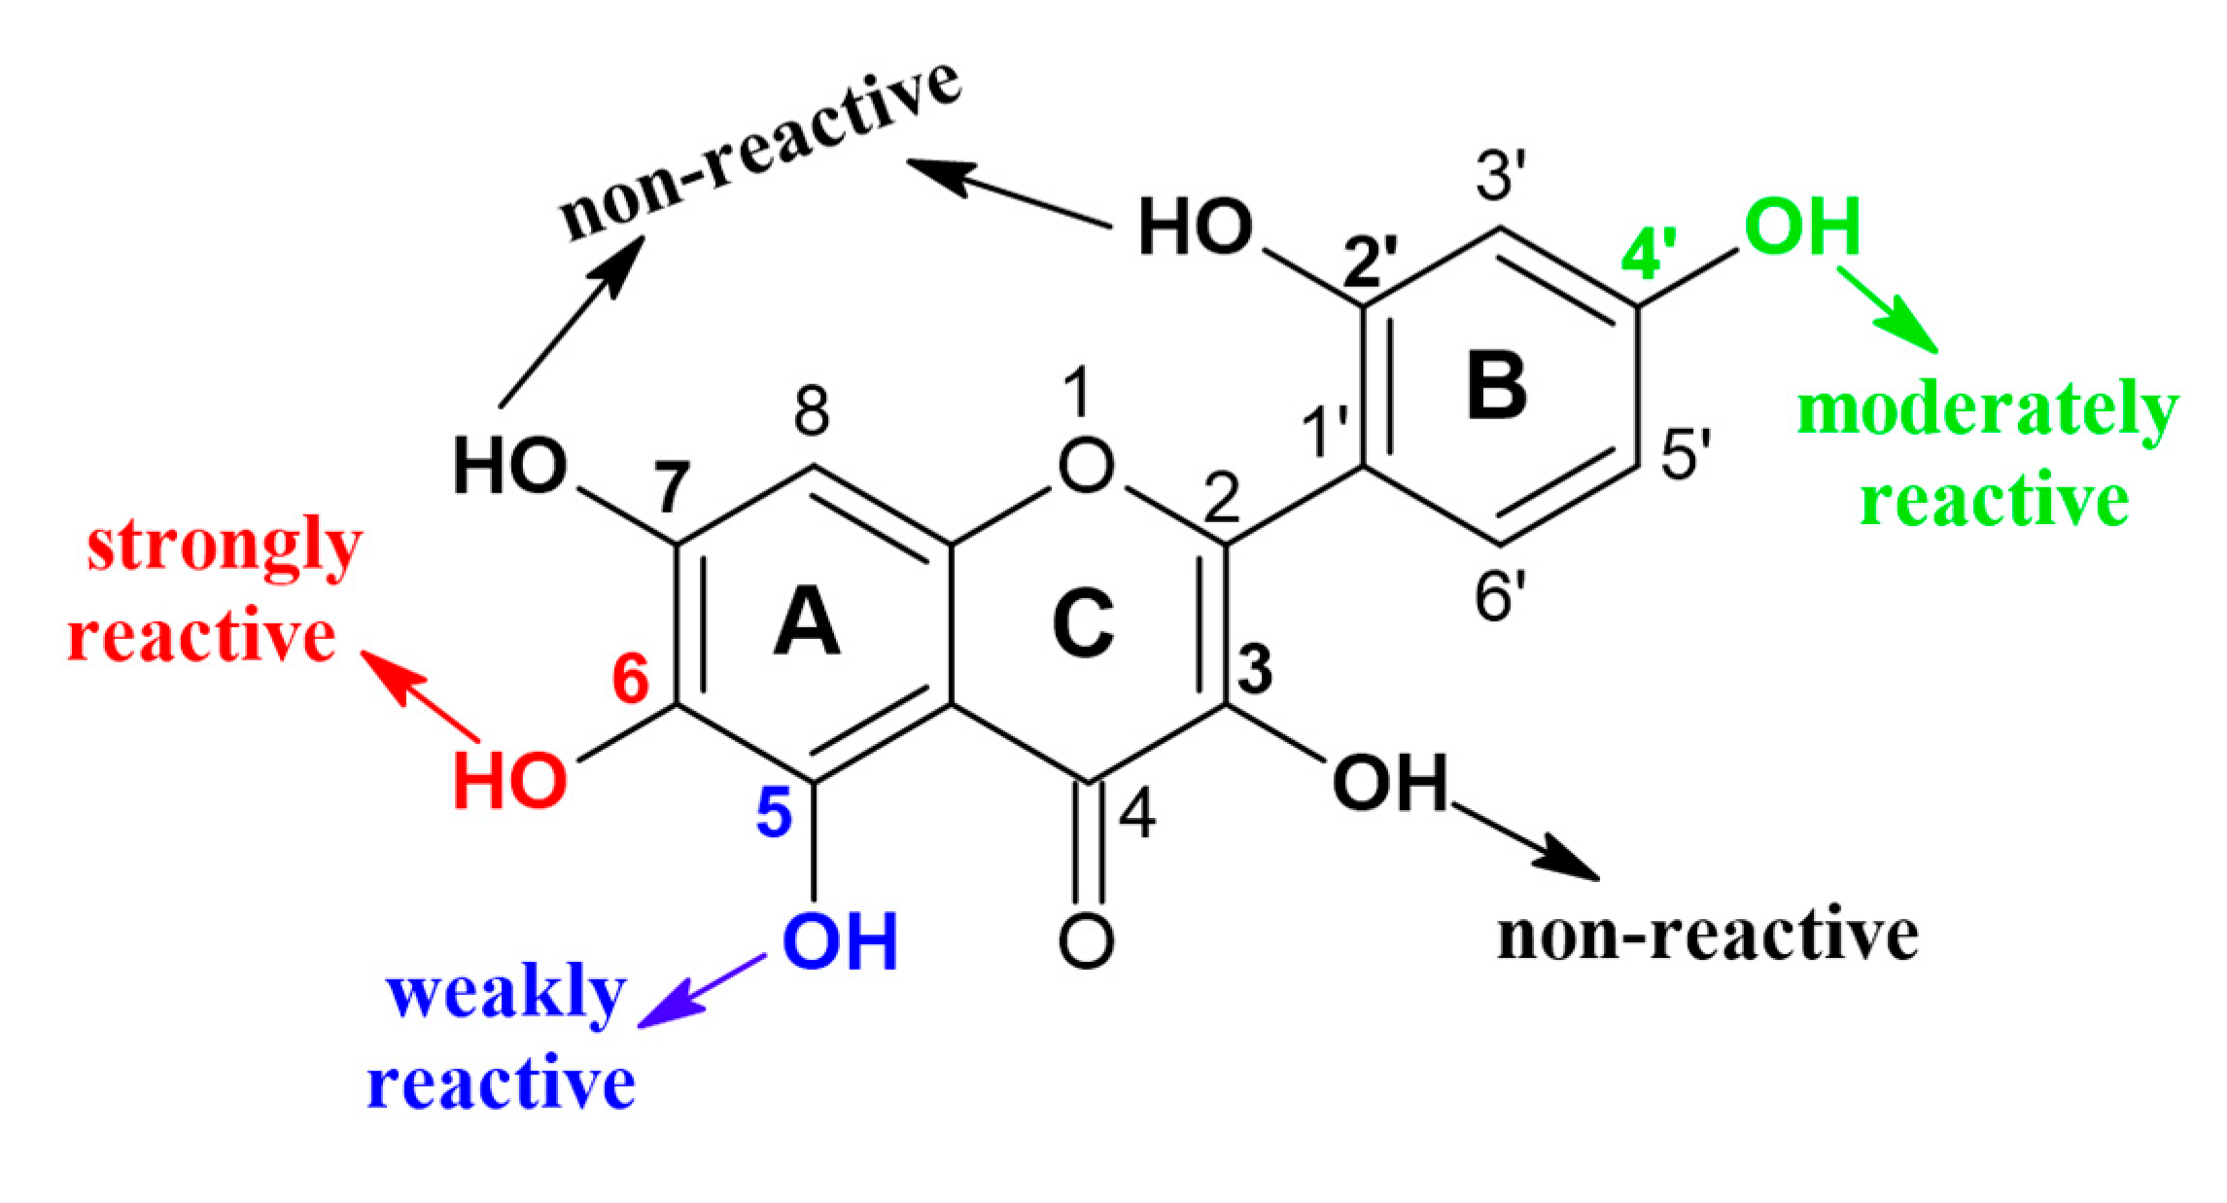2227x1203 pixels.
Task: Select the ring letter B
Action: [x=1497, y=387]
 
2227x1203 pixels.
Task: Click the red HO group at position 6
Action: [x=509, y=781]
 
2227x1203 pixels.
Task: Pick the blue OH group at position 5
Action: [x=840, y=941]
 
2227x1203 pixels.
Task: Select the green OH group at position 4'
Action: [x=1802, y=227]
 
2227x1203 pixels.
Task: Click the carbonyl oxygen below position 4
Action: [x=1086, y=940]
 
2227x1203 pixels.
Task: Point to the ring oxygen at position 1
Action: [x=1086, y=466]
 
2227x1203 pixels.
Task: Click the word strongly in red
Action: [x=225, y=547]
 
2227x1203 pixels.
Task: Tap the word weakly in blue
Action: [x=505, y=994]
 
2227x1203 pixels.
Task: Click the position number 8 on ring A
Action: [x=812, y=412]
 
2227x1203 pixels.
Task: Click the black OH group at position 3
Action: [x=1390, y=783]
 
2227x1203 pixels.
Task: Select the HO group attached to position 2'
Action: [x=1195, y=228]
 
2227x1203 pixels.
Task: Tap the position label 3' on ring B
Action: [x=1501, y=175]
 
